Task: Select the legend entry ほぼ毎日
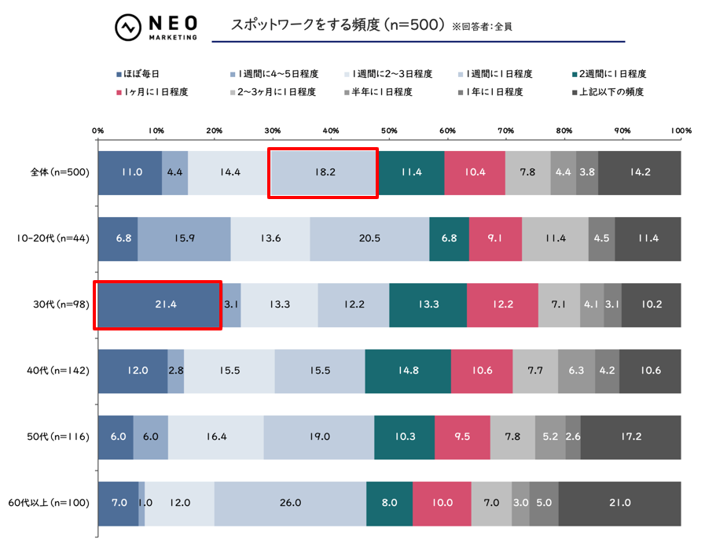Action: tap(141, 74)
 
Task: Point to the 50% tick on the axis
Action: tap(389, 131)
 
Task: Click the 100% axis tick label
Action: tap(680, 131)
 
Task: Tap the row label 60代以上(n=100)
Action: tap(49, 502)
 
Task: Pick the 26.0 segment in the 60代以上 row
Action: tap(290, 502)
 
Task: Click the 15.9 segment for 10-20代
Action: tap(184, 238)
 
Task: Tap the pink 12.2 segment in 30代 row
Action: tap(502, 305)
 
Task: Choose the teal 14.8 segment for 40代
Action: tap(408, 371)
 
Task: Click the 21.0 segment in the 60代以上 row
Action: tap(619, 502)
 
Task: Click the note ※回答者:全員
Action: tap(487, 26)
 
